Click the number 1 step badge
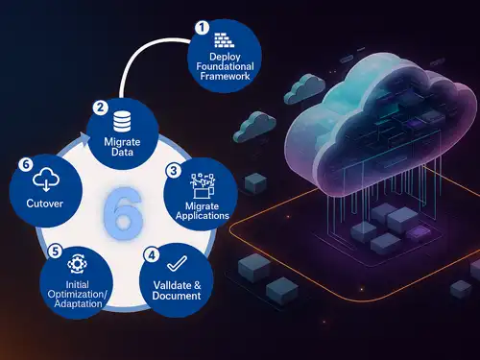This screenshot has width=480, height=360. (x=201, y=28)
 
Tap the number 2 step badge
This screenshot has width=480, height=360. (x=100, y=109)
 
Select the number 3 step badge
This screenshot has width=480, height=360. (x=173, y=171)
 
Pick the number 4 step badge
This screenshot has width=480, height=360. (x=152, y=254)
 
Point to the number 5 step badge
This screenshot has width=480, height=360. (x=56, y=251)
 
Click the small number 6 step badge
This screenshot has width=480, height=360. (x=26, y=164)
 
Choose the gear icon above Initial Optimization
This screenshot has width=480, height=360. (x=79, y=261)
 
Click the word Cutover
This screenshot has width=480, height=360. (x=45, y=204)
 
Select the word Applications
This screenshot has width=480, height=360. (x=202, y=216)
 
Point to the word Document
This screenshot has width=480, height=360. (x=176, y=297)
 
